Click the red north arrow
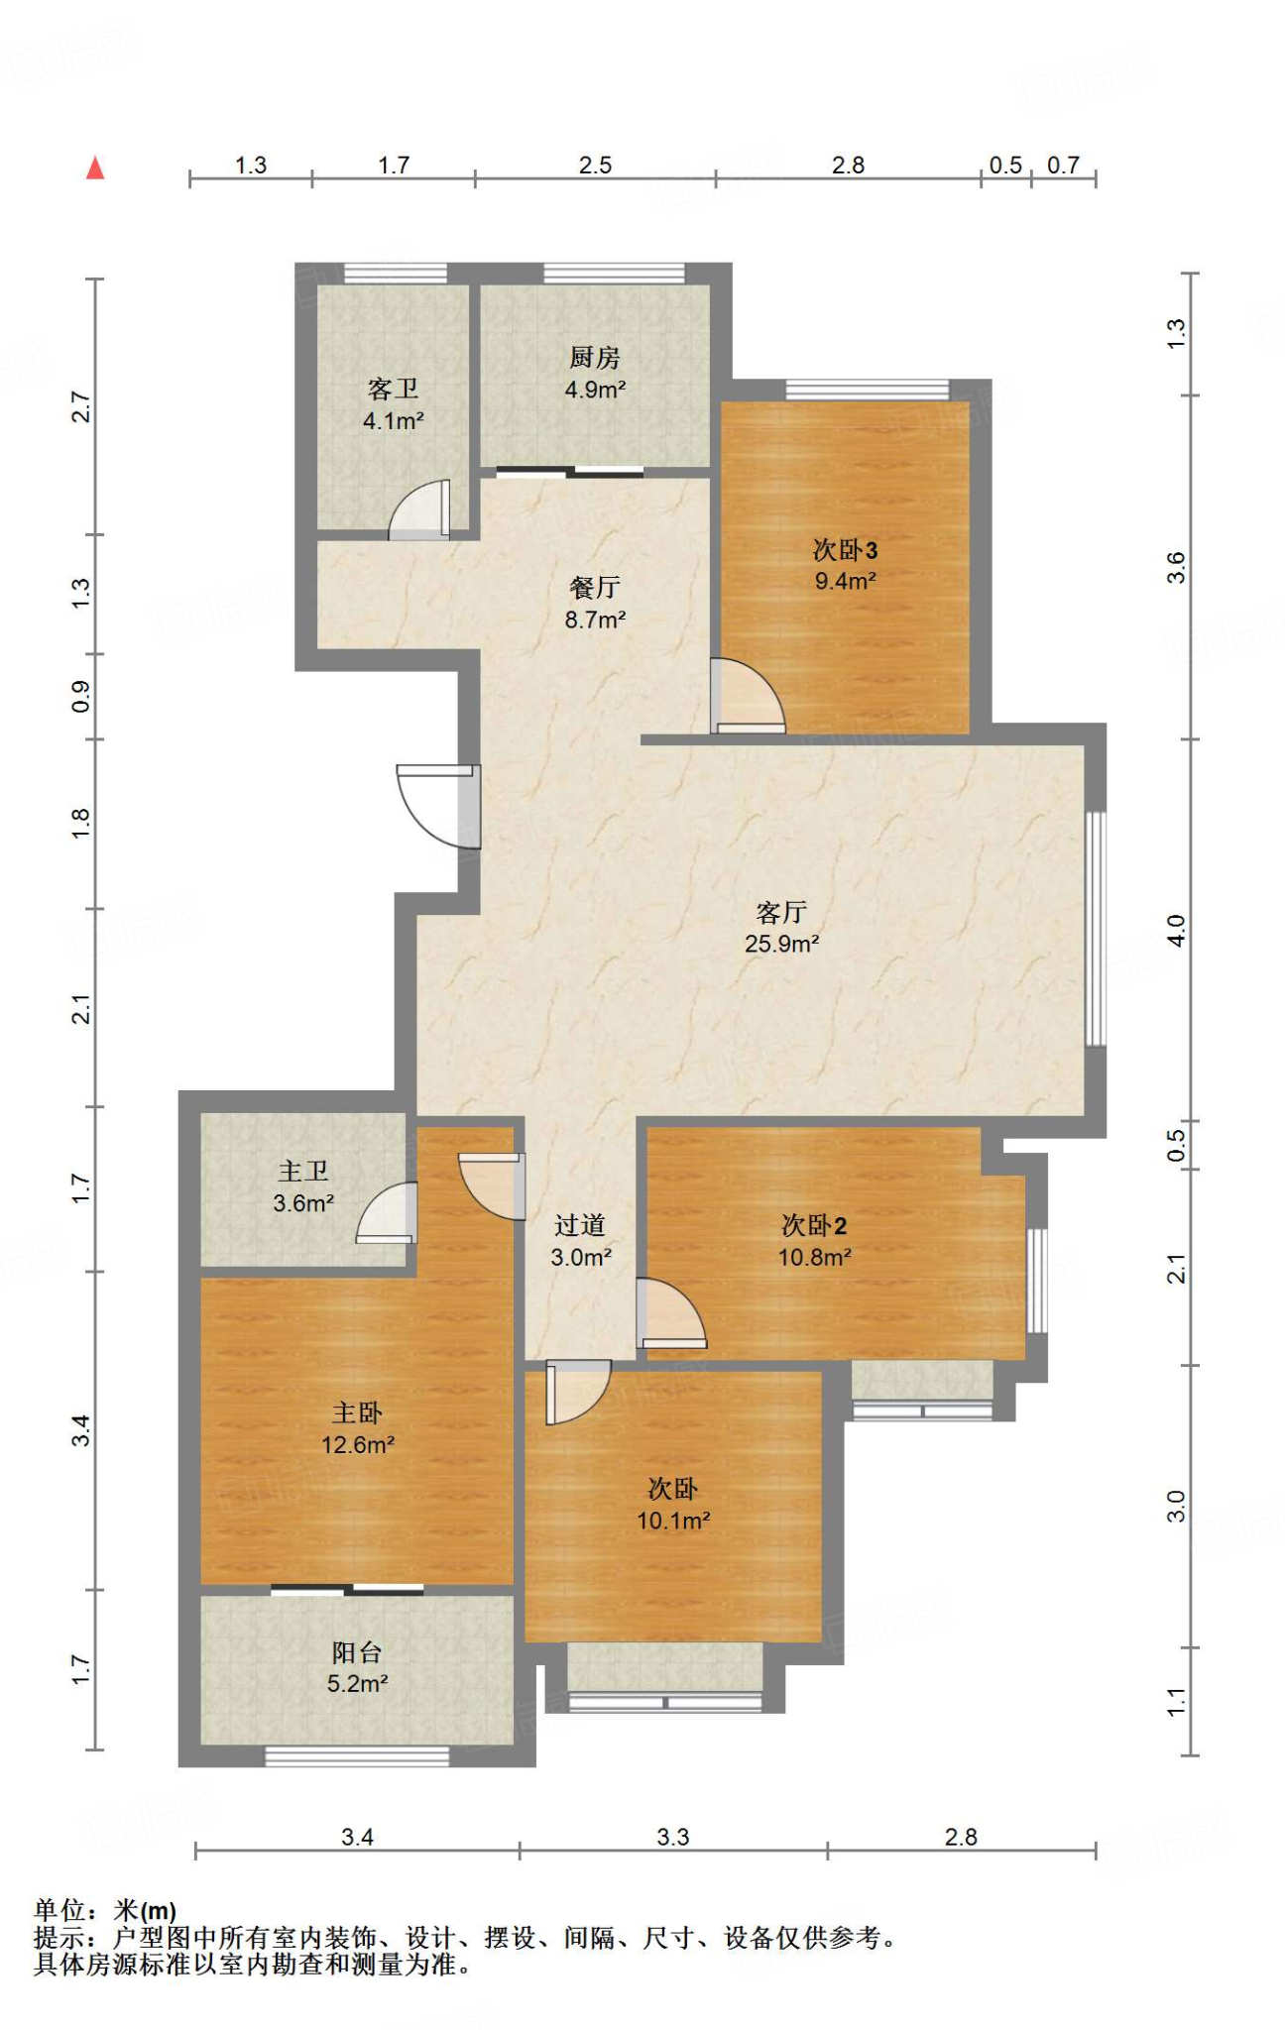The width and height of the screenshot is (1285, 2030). [x=95, y=168]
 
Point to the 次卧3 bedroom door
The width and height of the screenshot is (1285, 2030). [x=748, y=697]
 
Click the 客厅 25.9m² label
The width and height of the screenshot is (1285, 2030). [x=781, y=928]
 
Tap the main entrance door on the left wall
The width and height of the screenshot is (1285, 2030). [x=438, y=806]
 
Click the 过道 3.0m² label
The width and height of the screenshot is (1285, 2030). [x=580, y=1241]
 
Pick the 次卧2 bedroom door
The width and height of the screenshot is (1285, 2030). [x=671, y=1313]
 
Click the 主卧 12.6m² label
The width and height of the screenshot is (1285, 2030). [x=357, y=1428]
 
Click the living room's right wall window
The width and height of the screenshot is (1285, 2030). [x=1096, y=929]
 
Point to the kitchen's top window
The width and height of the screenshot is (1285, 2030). [x=614, y=274]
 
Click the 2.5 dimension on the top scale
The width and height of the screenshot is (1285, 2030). [x=595, y=166]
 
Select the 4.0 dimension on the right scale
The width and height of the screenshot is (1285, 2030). [x=1176, y=930]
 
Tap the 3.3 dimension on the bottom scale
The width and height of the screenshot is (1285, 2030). [x=673, y=1837]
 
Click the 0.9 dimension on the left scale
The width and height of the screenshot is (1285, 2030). [x=80, y=697]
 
